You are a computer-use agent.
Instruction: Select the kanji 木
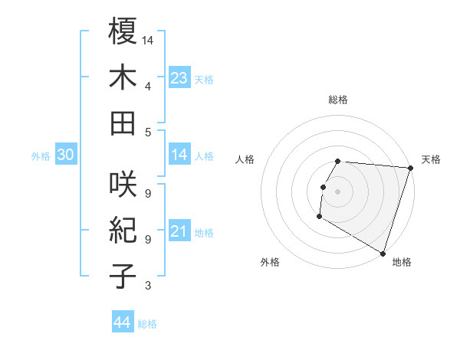123,77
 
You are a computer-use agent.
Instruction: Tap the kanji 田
123,123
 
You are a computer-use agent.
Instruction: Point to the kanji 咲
123,185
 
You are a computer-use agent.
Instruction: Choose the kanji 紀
123,231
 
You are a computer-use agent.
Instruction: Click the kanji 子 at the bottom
123,277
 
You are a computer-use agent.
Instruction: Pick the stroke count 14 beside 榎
148,40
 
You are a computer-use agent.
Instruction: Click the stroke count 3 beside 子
148,286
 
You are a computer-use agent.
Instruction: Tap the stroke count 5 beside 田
148,132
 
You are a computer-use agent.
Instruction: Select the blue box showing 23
179,78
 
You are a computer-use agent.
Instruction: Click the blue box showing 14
179,155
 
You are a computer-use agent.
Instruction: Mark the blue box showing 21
179,232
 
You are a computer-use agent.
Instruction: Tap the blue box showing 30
66,155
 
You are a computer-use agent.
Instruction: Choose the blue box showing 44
122,323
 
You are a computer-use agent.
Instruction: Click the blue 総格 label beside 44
147,325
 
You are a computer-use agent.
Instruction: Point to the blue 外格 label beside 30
41,156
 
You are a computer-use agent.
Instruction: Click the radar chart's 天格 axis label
431,159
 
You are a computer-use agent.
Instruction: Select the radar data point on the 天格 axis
410,168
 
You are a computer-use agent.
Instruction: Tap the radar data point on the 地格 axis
383,253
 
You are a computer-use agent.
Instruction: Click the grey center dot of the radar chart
337,191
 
